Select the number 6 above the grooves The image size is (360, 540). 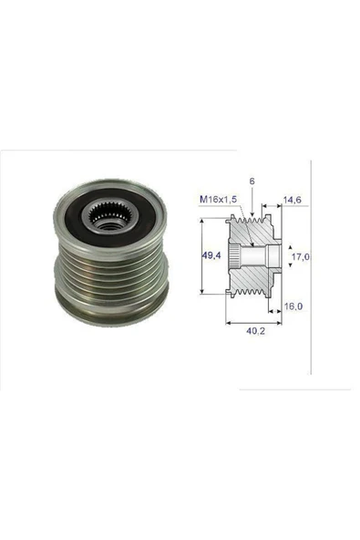coord(251,182)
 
